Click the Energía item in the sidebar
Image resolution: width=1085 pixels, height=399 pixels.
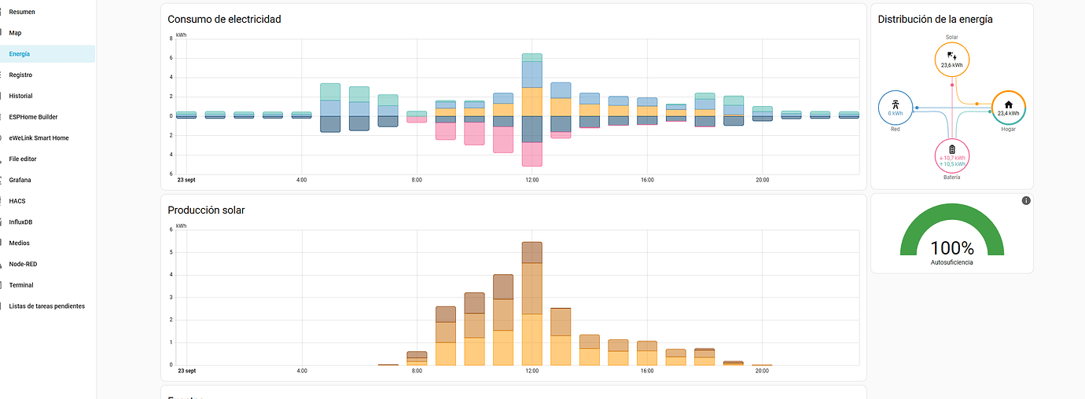[20, 54]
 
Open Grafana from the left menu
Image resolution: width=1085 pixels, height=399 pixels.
[20, 180]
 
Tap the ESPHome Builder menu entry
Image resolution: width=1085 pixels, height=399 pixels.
[33, 117]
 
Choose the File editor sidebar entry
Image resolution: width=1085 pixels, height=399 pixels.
[23, 159]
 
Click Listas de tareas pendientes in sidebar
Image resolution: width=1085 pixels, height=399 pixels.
[46, 306]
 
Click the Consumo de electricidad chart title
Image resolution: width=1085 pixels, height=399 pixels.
[224, 19]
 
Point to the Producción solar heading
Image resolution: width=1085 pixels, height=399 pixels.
[206, 210]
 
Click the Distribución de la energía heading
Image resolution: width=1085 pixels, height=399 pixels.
[935, 19]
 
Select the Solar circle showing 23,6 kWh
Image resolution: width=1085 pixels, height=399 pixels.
[952, 60]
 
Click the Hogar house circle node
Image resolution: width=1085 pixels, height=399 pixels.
[1009, 108]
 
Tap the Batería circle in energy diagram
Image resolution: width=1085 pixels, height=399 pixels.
[952, 156]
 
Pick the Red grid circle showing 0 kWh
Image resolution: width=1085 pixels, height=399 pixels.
[895, 108]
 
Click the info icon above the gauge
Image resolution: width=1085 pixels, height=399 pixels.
[1026, 201]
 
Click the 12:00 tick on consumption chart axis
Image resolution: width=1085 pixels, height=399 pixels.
[532, 180]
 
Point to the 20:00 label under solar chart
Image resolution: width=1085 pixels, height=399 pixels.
[762, 371]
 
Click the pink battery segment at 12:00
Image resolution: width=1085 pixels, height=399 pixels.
[532, 154]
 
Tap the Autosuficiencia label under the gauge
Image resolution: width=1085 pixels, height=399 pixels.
[952, 262]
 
